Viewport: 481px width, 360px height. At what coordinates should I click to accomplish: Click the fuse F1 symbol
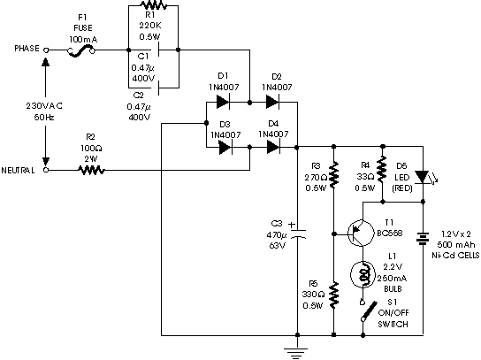point(81,51)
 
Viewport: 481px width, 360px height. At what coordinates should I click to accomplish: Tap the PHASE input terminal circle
point(46,50)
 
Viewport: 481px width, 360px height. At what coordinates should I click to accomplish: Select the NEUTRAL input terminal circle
point(46,170)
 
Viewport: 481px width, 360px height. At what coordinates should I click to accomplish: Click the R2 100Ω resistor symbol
point(91,170)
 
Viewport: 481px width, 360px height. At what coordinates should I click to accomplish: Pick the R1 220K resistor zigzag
point(153,5)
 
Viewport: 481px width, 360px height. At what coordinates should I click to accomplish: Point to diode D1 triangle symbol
point(224,102)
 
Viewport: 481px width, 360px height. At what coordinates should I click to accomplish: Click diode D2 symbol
point(272,102)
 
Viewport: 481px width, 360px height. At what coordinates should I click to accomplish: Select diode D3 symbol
point(225,148)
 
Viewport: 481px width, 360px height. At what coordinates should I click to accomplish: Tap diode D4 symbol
point(273,148)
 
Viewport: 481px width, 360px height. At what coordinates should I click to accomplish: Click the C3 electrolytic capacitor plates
point(297,234)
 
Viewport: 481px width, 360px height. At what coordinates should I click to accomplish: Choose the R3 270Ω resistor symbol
point(333,175)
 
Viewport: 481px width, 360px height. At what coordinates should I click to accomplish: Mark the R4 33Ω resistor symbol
point(382,169)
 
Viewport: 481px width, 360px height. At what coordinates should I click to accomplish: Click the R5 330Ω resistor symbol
point(333,295)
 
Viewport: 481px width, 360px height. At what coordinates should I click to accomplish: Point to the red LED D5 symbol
point(424,178)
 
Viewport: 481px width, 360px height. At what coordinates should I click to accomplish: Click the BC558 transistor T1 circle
point(361,234)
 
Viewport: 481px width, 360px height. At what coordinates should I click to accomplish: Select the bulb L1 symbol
point(363,275)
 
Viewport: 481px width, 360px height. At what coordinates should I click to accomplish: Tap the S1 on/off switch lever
point(369,311)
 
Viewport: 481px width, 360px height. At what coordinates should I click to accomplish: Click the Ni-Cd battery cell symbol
point(423,238)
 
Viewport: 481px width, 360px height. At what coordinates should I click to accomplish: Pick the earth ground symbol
point(296,353)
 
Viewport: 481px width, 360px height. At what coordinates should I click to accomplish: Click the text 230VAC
point(44,106)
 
